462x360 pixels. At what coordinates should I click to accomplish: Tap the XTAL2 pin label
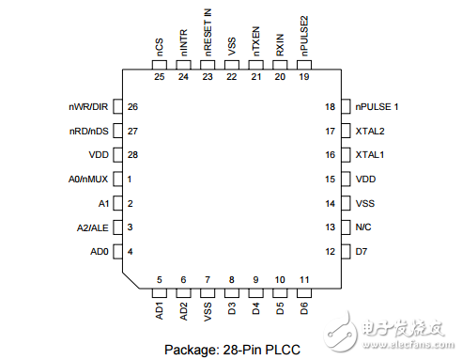click(368, 131)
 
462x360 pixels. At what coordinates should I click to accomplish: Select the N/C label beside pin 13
click(363, 227)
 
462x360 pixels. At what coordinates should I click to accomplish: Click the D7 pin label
click(361, 251)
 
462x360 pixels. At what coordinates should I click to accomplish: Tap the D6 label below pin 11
click(304, 308)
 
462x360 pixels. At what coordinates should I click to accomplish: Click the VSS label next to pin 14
click(363, 203)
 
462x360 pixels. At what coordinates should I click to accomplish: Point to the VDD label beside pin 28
click(99, 154)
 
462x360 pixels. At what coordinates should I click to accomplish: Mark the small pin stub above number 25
click(159, 62)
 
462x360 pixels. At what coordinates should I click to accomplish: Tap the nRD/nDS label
click(91, 131)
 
